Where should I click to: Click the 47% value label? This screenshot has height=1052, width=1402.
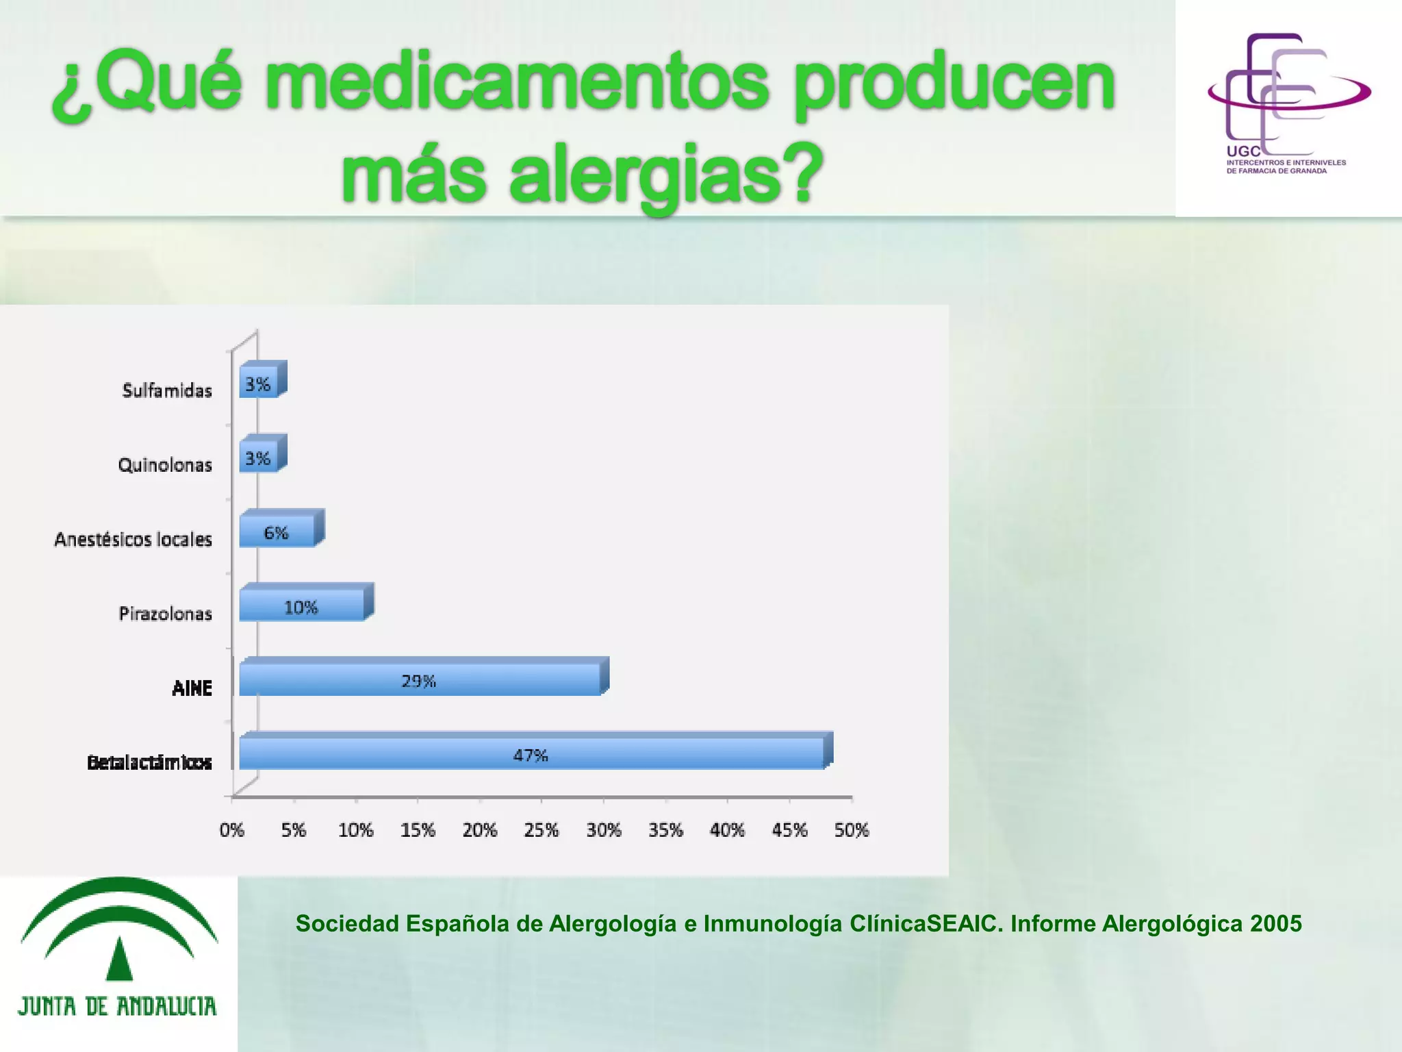point(531,755)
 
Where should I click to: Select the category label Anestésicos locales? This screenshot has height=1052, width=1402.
point(133,540)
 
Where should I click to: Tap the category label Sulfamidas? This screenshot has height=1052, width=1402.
point(167,390)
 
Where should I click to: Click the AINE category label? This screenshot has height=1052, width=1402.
point(192,688)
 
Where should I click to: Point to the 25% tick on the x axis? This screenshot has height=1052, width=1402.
point(541,830)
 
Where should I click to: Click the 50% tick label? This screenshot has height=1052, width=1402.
point(851,830)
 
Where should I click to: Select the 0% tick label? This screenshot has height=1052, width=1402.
point(232,830)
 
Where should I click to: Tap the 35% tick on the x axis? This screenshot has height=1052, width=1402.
point(665,830)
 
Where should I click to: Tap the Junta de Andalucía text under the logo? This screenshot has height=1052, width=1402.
point(117,1006)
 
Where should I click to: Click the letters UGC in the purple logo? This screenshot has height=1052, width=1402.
point(1242,151)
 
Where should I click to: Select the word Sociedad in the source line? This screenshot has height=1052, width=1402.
point(347,923)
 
